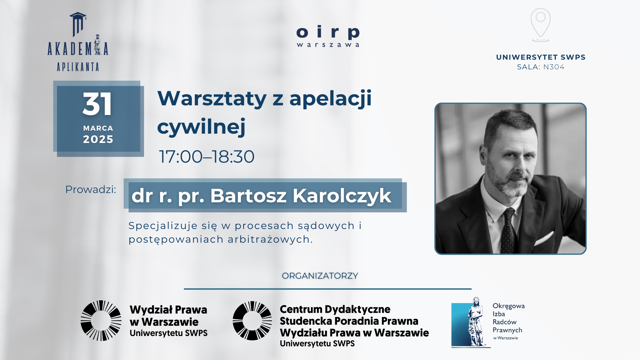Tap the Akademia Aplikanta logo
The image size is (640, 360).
(x=78, y=42)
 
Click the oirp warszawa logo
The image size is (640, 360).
(x=328, y=36)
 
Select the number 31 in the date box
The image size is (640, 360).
(x=97, y=104)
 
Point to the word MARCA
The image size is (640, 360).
(x=98, y=128)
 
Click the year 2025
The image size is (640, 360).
(x=98, y=139)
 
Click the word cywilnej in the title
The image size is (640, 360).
(x=201, y=127)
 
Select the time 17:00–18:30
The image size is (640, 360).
(x=207, y=157)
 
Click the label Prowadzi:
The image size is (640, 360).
(x=91, y=189)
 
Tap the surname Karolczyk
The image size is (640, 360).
(x=342, y=196)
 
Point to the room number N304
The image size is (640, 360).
(x=554, y=67)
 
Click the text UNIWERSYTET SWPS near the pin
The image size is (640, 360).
(x=541, y=57)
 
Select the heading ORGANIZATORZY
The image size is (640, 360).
(x=320, y=276)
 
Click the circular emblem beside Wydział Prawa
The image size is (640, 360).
(x=101, y=321)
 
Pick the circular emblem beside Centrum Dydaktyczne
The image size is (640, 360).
(x=252, y=321)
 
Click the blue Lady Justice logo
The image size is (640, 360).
(x=471, y=322)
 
